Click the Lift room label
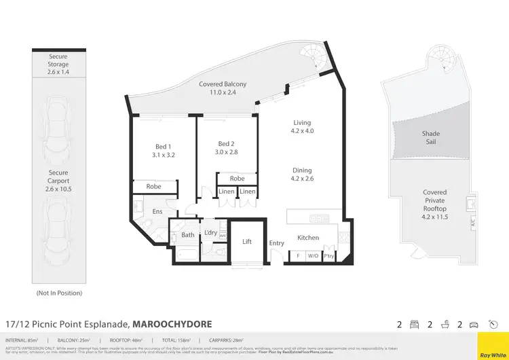(x=247, y=241)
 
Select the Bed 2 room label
(x=226, y=149)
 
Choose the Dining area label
(x=302, y=175)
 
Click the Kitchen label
(x=308, y=238)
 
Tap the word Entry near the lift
(x=277, y=243)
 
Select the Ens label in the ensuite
(x=157, y=212)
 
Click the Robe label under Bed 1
(x=153, y=186)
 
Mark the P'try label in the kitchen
(x=329, y=257)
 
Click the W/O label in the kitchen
(x=313, y=257)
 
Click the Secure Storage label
(x=58, y=65)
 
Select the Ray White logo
(x=493, y=344)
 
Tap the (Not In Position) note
(x=58, y=293)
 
